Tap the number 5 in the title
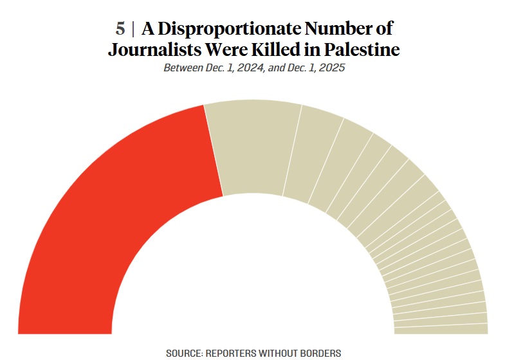[120, 29]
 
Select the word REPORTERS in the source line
[233, 353]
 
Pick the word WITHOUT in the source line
[279, 353]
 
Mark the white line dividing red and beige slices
[214, 150]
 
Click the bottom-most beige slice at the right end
[441, 328]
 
